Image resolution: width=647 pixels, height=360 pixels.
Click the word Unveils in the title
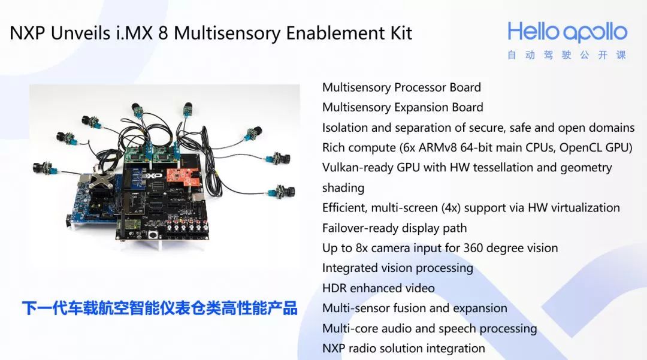click(80, 33)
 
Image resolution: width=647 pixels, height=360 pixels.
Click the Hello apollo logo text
click(567, 32)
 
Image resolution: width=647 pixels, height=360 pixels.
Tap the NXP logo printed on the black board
click(152, 176)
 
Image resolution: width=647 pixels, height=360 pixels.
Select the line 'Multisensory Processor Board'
click(401, 87)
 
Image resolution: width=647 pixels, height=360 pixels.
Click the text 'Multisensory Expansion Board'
click(403, 107)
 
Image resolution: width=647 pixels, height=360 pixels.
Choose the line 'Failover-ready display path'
click(394, 228)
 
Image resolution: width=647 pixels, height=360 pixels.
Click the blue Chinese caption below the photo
click(160, 308)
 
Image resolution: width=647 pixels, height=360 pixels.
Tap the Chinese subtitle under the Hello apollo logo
click(567, 55)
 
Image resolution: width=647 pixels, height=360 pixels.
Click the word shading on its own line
click(343, 188)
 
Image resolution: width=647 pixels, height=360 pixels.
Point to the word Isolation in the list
click(345, 128)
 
